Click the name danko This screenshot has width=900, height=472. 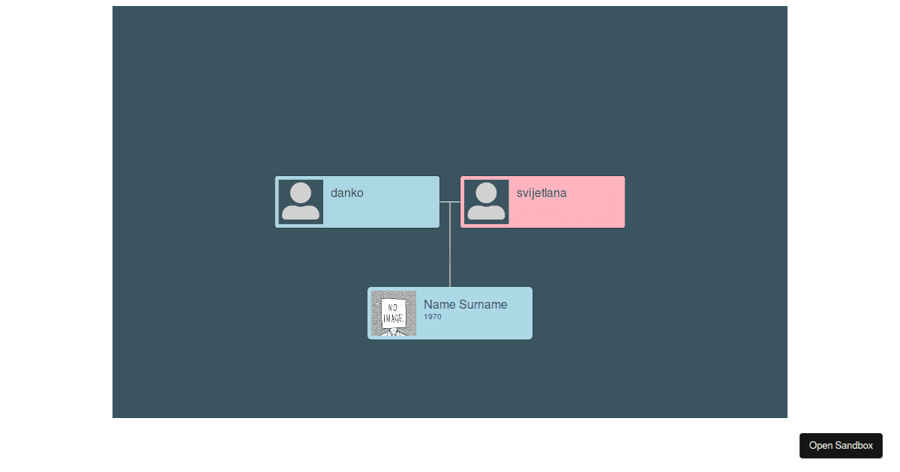pos(346,193)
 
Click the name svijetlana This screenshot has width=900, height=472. pos(541,193)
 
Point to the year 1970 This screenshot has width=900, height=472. pos(432,317)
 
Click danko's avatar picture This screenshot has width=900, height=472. pos(301,202)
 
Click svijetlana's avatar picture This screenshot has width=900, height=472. pos(487,202)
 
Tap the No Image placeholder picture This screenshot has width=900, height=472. pos(394,313)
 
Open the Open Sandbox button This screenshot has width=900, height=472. pos(841,446)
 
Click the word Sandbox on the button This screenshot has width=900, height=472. pos(854,446)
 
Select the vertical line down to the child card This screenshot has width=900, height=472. pos(450,244)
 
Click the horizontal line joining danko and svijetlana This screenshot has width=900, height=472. pos(450,202)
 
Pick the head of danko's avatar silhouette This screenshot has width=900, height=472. pos(301,193)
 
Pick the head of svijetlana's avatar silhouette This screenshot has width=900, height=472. pos(486,193)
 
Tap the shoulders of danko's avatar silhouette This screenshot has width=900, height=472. pos(301,212)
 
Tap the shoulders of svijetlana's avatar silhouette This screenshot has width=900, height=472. pos(486,212)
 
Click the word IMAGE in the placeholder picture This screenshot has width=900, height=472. pos(393,318)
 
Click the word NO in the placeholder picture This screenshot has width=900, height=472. pos(392,308)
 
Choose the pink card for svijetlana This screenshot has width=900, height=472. pos(543,202)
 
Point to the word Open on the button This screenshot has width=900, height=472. pos(820,446)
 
